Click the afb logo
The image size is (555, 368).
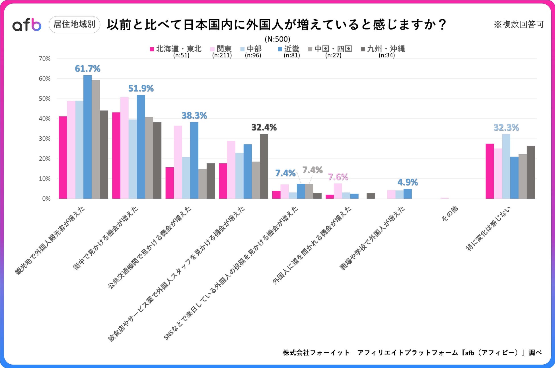click(x=27, y=25)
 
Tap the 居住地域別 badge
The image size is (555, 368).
click(x=74, y=24)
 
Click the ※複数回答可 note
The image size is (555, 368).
click(x=519, y=24)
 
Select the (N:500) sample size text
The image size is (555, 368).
click(x=277, y=39)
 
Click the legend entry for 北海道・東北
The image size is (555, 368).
click(x=176, y=49)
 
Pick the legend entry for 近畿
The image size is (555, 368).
click(x=289, y=49)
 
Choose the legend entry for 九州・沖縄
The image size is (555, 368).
click(x=383, y=49)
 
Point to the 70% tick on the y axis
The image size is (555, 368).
click(x=45, y=59)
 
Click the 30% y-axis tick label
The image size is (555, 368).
click(x=45, y=139)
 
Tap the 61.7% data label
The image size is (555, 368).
click(x=87, y=68)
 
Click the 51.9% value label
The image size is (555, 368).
click(x=141, y=88)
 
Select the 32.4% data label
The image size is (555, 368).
click(x=264, y=127)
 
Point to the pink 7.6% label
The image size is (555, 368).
click(x=338, y=177)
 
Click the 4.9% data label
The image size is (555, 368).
click(x=408, y=182)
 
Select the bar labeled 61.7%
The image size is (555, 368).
click(x=87, y=137)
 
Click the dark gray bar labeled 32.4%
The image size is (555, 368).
click(x=264, y=166)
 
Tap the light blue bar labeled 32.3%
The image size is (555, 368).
click(x=506, y=166)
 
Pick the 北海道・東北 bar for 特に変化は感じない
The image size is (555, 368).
click(x=490, y=171)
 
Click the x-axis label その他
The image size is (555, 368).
click(x=449, y=213)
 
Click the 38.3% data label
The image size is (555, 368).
click(x=194, y=115)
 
